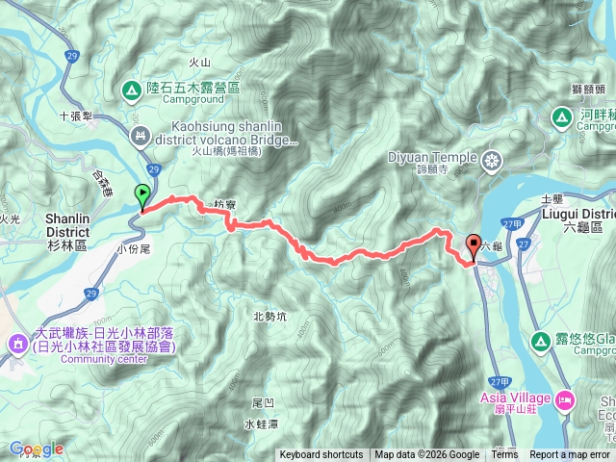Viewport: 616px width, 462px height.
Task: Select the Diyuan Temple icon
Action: click(x=493, y=159)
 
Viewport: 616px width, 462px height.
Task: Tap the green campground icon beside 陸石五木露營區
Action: click(x=132, y=90)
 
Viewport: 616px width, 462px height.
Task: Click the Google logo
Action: click(x=36, y=449)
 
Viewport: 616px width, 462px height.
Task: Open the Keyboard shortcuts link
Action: click(x=321, y=455)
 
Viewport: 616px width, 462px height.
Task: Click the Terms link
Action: click(x=504, y=455)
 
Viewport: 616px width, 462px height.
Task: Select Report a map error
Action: click(x=570, y=455)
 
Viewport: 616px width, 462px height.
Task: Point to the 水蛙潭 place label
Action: click(x=261, y=423)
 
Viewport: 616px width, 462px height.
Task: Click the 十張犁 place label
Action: click(x=75, y=114)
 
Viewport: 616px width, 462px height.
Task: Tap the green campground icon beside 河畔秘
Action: click(x=561, y=117)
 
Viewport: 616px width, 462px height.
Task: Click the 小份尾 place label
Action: click(x=134, y=247)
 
